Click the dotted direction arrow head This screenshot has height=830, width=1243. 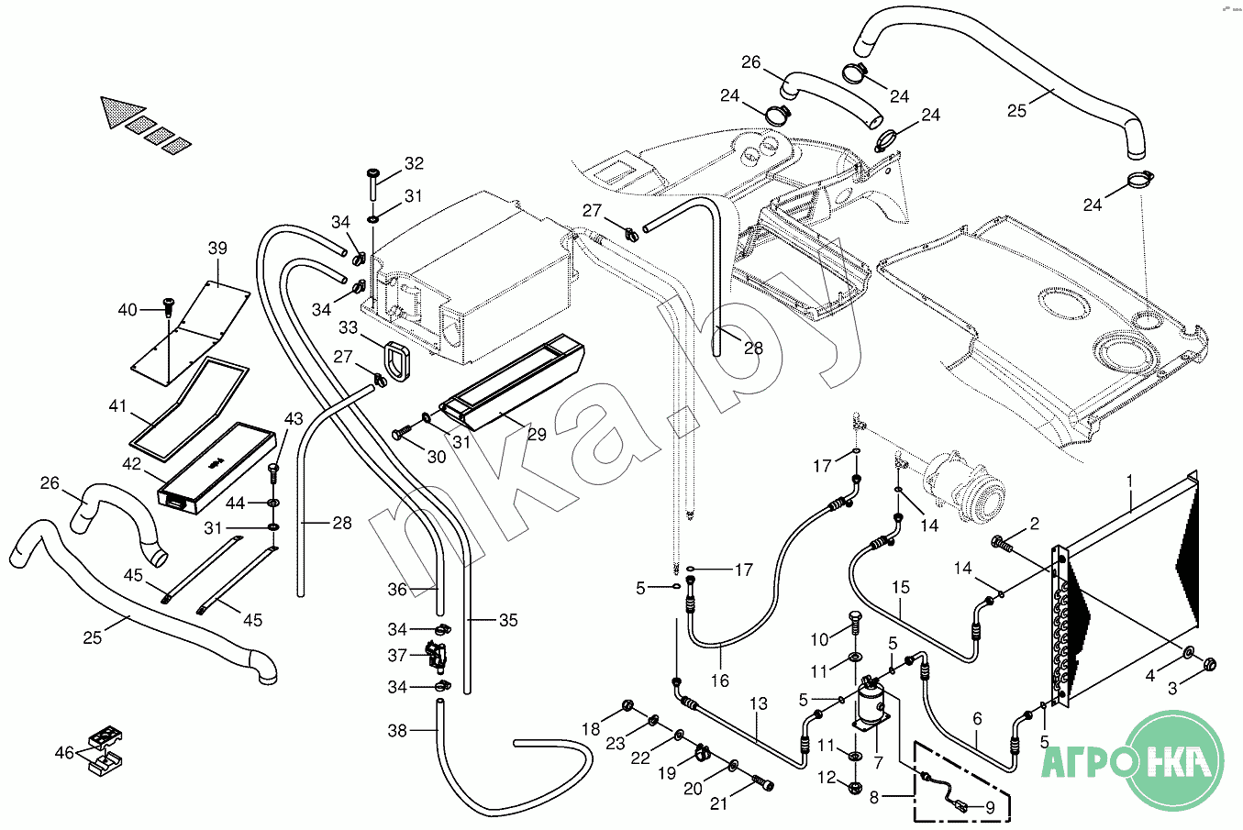(120, 112)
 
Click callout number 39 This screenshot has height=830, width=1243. (217, 248)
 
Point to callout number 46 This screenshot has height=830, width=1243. (64, 752)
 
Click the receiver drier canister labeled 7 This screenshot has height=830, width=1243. (871, 703)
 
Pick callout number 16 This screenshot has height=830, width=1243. (720, 681)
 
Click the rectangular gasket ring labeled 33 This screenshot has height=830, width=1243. (397, 361)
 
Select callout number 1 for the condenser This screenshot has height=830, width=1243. (1128, 480)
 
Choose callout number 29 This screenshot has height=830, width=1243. (537, 434)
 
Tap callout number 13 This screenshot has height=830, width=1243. (758, 703)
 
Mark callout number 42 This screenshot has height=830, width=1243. (131, 464)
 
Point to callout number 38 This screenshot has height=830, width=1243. (397, 731)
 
